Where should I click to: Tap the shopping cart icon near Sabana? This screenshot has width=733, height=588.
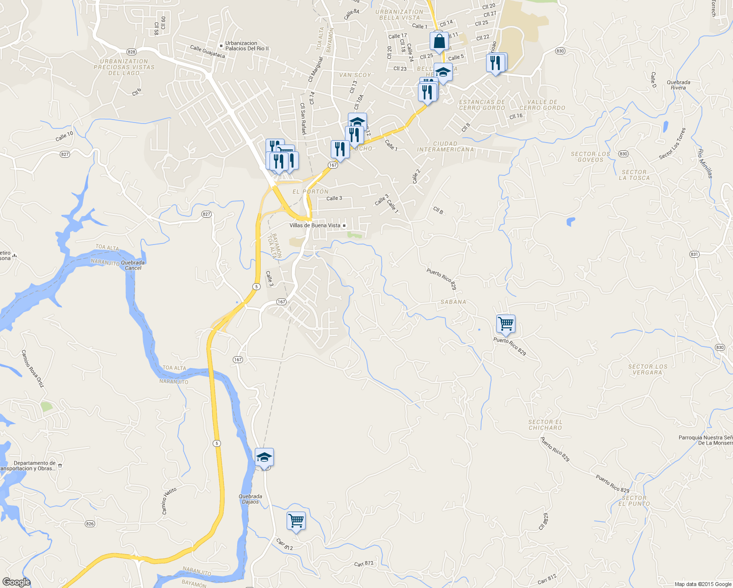pos(506,324)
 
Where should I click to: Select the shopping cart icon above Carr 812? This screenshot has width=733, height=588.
pos(296,521)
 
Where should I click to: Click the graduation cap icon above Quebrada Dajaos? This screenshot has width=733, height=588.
pos(264,458)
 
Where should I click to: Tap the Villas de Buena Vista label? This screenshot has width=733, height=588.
pos(315,225)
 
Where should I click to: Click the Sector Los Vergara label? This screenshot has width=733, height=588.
pos(647,369)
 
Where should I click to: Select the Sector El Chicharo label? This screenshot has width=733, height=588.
pos(545,425)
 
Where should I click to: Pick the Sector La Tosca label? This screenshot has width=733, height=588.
pos(634,175)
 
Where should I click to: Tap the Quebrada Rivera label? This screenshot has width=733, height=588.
pos(679,85)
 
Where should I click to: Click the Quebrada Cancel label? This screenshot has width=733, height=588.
pos(133,265)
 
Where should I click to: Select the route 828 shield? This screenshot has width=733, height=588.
pos(131,51)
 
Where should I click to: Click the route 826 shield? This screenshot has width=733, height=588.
pos(90,524)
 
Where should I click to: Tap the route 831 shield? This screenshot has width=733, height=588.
pos(694,254)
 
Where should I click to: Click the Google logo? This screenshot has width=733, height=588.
pos(16,582)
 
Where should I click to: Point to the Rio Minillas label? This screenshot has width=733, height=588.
pos(706,163)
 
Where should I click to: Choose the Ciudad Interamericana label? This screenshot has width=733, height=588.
pos(445,147)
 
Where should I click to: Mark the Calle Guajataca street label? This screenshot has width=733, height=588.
pos(207,51)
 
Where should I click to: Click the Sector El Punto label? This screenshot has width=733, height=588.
pos(634,501)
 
